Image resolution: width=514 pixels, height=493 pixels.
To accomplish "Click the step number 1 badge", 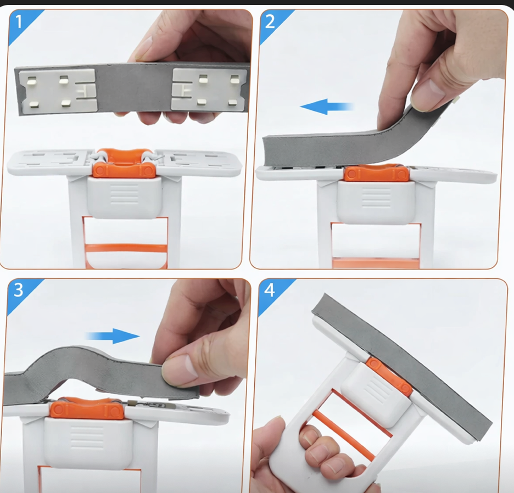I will [18, 22].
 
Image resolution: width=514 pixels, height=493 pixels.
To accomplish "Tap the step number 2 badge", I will [270, 22].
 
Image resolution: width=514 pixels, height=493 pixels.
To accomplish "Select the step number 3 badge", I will [18, 290].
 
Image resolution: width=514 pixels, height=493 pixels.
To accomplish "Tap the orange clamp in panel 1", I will [124, 164].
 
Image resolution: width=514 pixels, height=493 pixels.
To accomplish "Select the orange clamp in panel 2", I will [376, 173].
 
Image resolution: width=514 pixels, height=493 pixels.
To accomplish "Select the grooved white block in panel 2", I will [375, 201].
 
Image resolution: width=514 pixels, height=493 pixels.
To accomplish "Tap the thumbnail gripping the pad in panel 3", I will [176, 374].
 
